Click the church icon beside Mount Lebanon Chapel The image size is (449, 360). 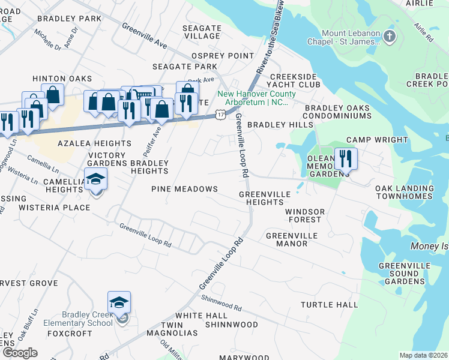click(x=390, y=37)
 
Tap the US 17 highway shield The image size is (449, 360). click(x=221, y=114)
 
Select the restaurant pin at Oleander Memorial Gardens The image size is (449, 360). click(x=345, y=159)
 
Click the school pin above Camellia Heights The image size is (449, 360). click(x=95, y=179)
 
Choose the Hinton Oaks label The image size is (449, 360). click(x=62, y=79)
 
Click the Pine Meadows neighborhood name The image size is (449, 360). click(x=184, y=189)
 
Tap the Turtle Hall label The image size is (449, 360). click(x=329, y=305)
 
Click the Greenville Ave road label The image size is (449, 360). click(x=145, y=36)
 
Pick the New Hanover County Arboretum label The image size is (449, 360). click(x=256, y=98)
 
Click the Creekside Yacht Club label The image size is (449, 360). click(x=292, y=81)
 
